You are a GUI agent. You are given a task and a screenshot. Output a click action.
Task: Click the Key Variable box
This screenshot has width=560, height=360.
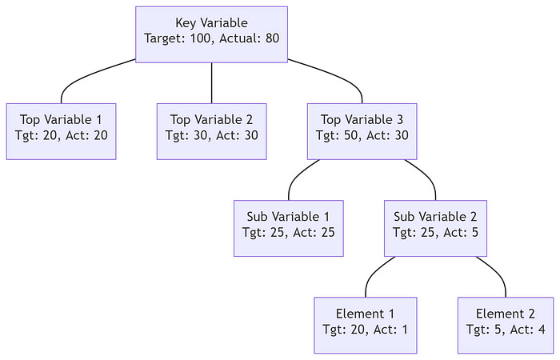(x=211, y=34)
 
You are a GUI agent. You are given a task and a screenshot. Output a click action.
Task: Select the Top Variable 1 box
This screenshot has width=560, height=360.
(x=62, y=131)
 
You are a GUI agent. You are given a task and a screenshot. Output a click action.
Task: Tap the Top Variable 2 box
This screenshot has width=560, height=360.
(x=211, y=131)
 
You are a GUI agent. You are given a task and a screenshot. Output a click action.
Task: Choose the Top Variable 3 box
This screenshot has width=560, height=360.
(x=363, y=131)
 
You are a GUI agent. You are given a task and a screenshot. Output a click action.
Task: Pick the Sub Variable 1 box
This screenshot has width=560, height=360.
(x=288, y=228)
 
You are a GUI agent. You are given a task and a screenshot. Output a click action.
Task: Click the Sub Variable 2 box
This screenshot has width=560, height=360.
(x=436, y=228)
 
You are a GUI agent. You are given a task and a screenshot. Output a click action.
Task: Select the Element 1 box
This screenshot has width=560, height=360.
(x=366, y=325)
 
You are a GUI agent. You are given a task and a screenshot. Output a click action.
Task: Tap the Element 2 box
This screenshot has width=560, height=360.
(x=506, y=325)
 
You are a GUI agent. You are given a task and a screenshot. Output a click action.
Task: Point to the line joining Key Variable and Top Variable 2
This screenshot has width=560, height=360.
(x=211, y=82)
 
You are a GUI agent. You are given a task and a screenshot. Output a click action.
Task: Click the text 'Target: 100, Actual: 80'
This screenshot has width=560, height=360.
(x=211, y=38)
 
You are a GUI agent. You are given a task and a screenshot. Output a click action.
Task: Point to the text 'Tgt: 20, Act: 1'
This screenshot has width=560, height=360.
(x=366, y=330)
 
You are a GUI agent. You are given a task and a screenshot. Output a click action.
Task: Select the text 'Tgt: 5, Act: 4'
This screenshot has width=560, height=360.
(x=506, y=330)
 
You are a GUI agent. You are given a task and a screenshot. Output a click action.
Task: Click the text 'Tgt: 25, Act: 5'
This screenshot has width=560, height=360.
(x=436, y=233)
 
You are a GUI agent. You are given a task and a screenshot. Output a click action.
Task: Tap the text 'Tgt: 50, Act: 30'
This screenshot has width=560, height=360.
(x=363, y=136)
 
